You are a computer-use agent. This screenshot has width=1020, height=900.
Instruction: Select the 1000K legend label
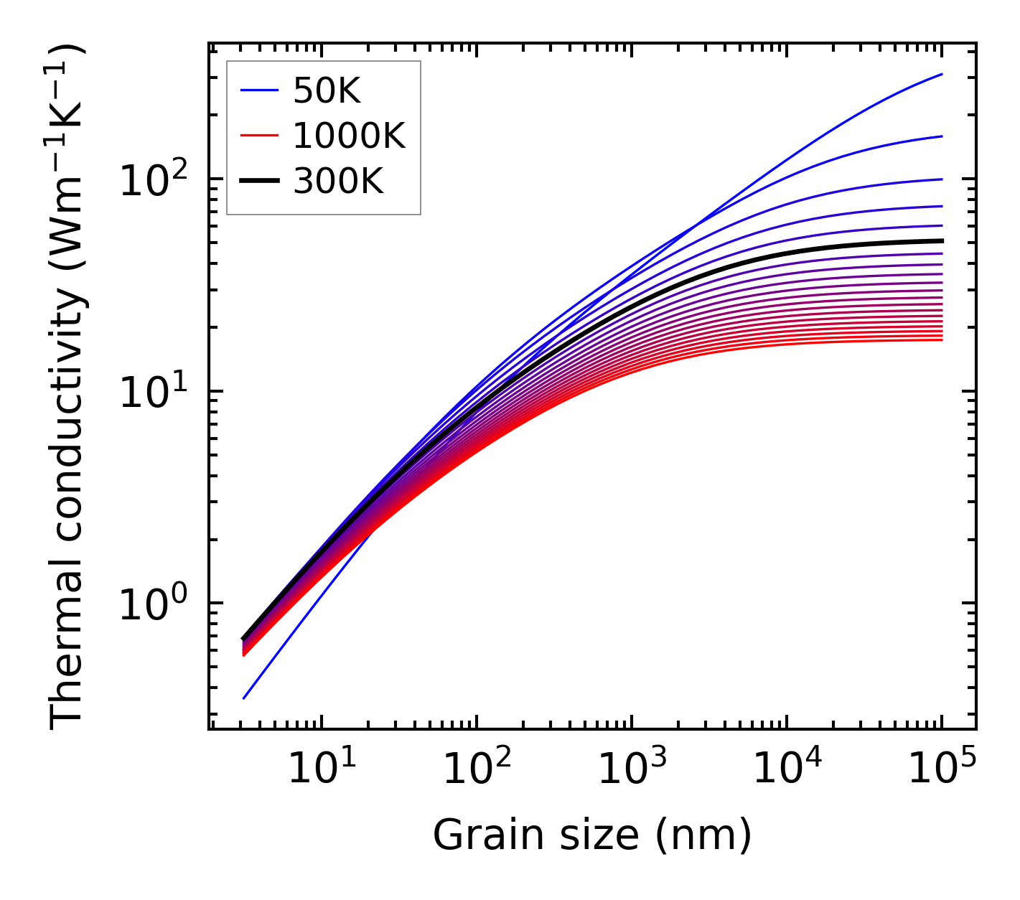[x=349, y=136]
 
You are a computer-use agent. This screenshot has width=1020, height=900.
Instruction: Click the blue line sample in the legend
[x=259, y=90]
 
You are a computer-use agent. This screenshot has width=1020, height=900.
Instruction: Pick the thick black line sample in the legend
[x=259, y=182]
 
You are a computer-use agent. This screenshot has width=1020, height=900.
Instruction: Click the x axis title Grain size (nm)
[x=592, y=835]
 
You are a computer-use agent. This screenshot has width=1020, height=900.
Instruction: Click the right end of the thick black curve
[x=942, y=240]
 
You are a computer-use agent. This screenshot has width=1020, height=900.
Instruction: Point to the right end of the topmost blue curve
[x=942, y=74]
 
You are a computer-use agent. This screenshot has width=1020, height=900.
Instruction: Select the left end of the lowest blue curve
[x=244, y=698]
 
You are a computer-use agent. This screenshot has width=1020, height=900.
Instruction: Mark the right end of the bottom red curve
[x=942, y=339]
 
